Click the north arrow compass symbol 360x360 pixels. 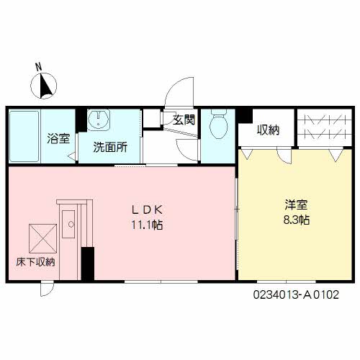(x=47, y=86)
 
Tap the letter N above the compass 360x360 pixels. (x=41, y=69)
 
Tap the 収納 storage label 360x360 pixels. (x=268, y=130)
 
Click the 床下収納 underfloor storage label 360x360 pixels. (x=35, y=263)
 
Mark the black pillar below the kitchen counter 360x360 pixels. (x=88, y=264)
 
